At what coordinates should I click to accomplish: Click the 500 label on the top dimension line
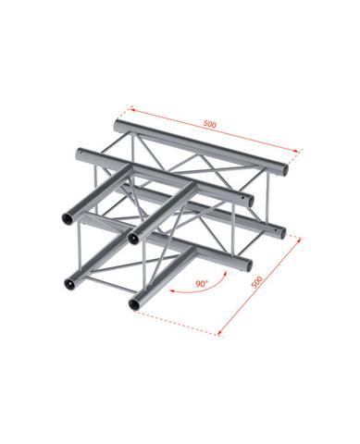pyautogui.click(x=210, y=124)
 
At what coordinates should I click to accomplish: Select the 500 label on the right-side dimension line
pyautogui.click(x=256, y=282)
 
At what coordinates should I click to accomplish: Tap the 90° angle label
pyautogui.click(x=202, y=283)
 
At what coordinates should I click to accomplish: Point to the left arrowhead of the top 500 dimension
pyautogui.click(x=132, y=109)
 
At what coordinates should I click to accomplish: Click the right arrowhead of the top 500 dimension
pyautogui.click(x=297, y=151)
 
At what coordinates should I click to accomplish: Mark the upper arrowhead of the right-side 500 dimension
pyautogui.click(x=298, y=240)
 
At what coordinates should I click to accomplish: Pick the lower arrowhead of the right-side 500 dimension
pyautogui.click(x=219, y=332)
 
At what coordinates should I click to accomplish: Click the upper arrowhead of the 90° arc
pyautogui.click(x=226, y=274)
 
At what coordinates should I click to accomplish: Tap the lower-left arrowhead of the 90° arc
pyautogui.click(x=173, y=290)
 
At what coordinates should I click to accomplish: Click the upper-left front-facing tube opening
pyautogui.click(x=68, y=218)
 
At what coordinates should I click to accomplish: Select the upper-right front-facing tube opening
pyautogui.click(x=134, y=238)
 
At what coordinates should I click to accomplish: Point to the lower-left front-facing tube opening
pyautogui.click(x=68, y=283)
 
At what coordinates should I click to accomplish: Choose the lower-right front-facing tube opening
pyautogui.click(x=134, y=304)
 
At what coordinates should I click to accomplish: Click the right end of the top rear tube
pyautogui.click(x=285, y=169)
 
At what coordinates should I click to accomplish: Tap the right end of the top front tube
pyautogui.click(x=250, y=201)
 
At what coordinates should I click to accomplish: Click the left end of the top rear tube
pyautogui.click(x=118, y=125)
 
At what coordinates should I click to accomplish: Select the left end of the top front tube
pyautogui.click(x=79, y=153)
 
